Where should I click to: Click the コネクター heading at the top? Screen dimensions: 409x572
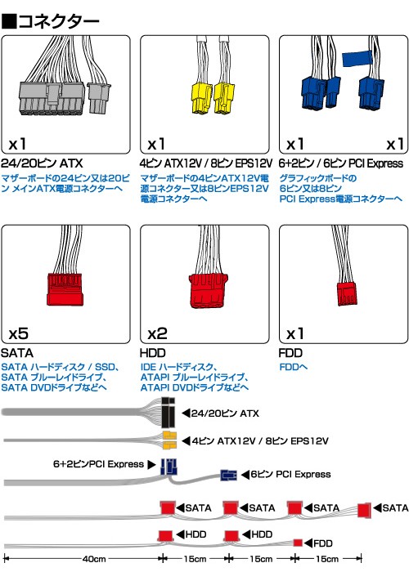[58, 21]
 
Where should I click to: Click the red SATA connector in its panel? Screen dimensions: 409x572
[65, 289]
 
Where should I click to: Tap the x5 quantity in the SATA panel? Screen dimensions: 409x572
[18, 333]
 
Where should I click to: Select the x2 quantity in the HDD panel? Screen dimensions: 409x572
[157, 333]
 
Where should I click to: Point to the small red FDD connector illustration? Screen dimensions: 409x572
[347, 293]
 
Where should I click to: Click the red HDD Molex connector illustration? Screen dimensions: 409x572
[208, 290]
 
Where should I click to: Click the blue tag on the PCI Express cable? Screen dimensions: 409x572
[357, 59]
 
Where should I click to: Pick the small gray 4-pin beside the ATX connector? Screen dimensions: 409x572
[99, 98]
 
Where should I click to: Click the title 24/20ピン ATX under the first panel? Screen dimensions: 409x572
[42, 163]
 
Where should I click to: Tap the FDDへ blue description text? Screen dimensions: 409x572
[293, 367]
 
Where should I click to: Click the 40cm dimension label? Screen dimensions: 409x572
[94, 559]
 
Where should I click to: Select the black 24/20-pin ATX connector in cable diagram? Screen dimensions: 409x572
[169, 412]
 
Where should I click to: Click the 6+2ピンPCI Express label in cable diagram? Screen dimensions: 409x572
[99, 464]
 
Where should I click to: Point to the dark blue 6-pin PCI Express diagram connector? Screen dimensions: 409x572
[228, 475]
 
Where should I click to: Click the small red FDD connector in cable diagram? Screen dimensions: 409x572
[298, 543]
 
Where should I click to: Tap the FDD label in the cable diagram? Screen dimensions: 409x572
[323, 543]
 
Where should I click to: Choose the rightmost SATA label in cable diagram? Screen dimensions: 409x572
[395, 507]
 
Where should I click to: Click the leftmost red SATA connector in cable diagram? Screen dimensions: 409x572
[168, 507]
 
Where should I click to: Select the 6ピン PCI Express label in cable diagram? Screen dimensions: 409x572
[290, 474]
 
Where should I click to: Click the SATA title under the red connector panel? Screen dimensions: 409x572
[17, 353]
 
